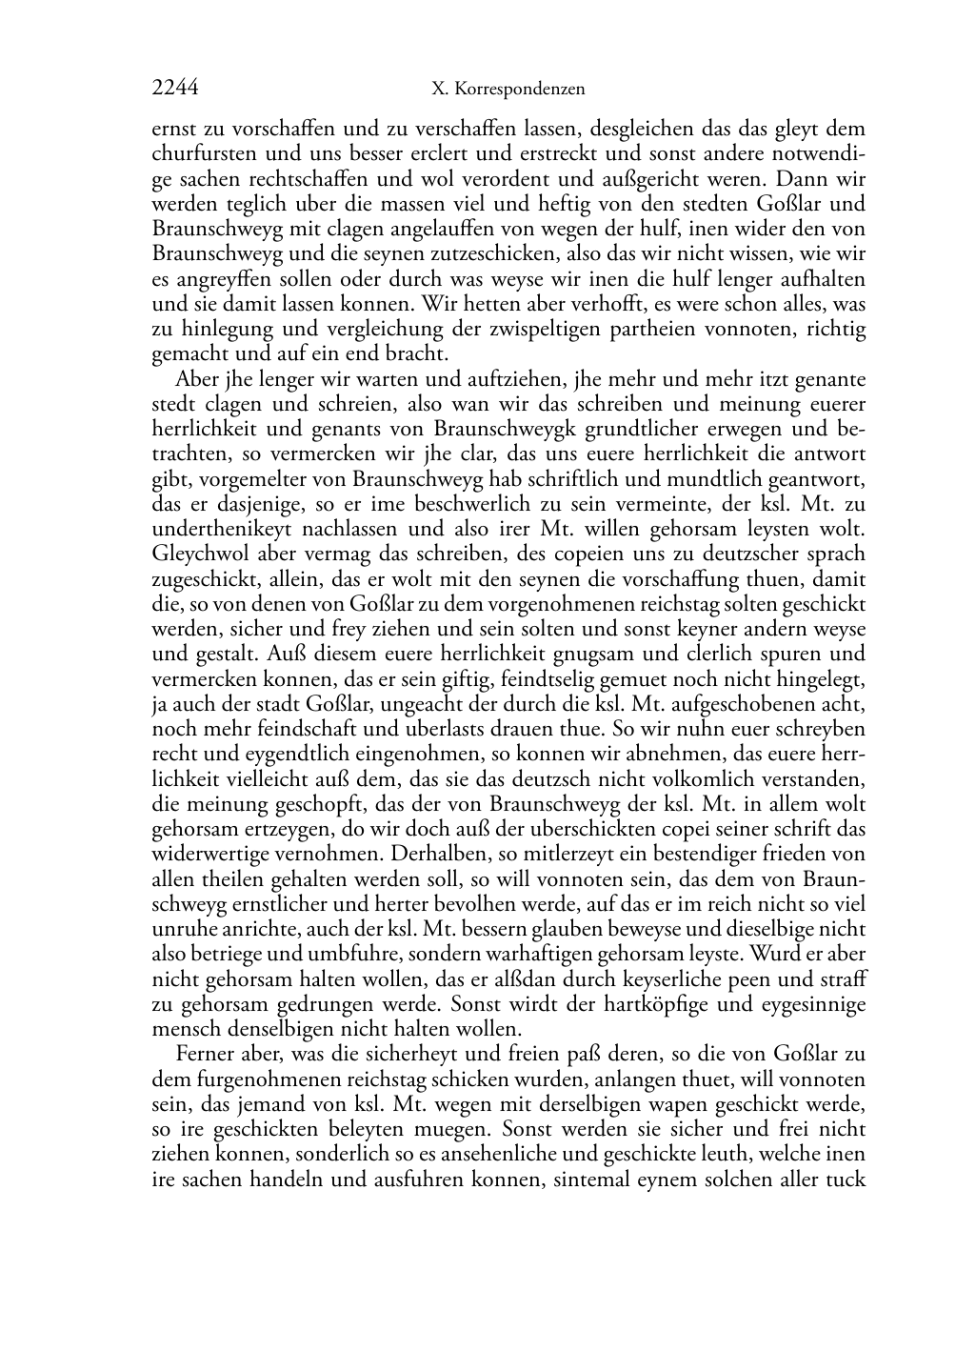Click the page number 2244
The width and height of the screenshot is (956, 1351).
[x=174, y=89]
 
